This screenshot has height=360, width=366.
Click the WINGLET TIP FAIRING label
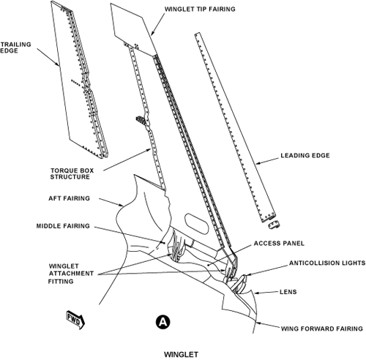(200, 10)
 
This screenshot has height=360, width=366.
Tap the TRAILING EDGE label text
(16, 48)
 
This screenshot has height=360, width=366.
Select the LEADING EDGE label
(305, 155)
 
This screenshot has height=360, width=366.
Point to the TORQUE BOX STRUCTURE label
(72, 173)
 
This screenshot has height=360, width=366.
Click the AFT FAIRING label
(69, 198)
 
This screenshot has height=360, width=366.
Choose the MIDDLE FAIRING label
(63, 226)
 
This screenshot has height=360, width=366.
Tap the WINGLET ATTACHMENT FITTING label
(71, 274)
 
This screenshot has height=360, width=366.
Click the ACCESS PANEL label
(279, 244)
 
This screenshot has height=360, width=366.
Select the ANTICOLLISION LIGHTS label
(327, 263)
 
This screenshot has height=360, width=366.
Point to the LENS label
(288, 292)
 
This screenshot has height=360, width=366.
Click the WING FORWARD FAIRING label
(322, 329)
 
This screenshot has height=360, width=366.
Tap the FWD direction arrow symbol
(76, 320)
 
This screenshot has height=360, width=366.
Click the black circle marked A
(163, 322)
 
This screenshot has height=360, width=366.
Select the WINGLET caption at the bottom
(181, 354)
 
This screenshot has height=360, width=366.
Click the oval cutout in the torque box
(197, 224)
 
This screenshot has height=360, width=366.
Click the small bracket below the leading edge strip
(274, 225)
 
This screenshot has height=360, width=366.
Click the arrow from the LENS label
(266, 293)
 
